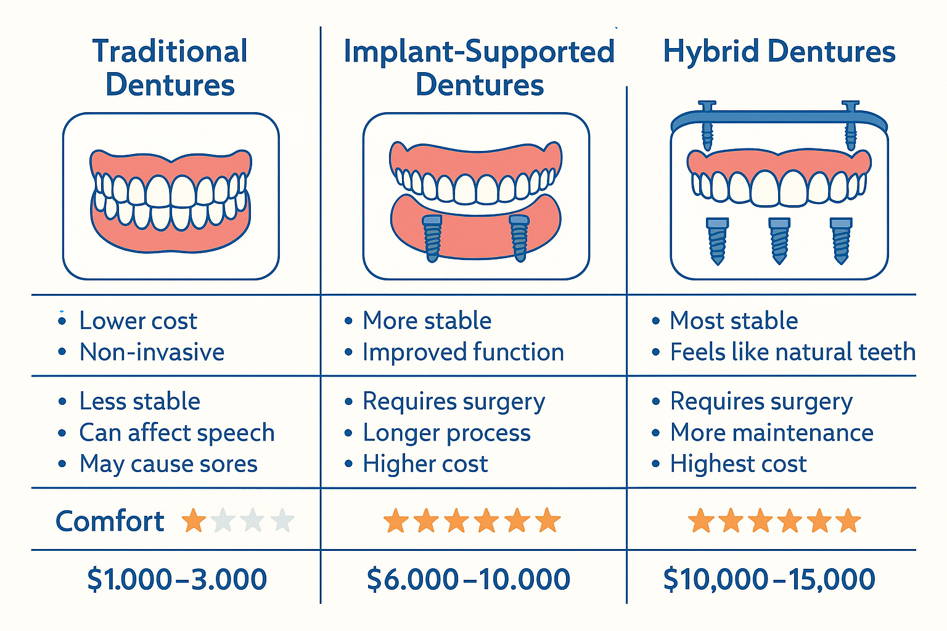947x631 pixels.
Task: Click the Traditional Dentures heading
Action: (x=170, y=68)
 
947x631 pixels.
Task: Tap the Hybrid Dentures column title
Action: (x=779, y=52)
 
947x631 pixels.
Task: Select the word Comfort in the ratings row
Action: (x=110, y=521)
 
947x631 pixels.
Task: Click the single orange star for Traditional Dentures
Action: (x=194, y=521)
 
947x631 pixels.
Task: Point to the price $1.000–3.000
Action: (x=177, y=579)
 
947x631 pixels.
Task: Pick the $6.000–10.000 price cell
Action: (x=469, y=579)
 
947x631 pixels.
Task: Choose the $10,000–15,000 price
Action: (x=769, y=579)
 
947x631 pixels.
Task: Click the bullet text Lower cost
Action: (x=138, y=321)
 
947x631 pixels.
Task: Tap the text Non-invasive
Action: (x=152, y=352)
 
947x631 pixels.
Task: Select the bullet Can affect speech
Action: (x=176, y=433)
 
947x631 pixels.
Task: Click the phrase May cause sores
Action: (x=168, y=464)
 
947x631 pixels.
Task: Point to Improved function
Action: (x=463, y=352)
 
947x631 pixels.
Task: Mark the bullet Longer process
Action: (x=446, y=433)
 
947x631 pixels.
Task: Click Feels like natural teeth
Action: (x=792, y=352)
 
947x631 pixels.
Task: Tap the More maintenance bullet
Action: (x=771, y=433)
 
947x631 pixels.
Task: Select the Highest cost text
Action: (x=738, y=464)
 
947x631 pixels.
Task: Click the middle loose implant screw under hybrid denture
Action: (x=779, y=240)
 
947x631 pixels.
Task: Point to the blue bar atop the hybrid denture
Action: (x=779, y=118)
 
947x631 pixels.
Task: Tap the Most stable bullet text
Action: (x=734, y=321)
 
